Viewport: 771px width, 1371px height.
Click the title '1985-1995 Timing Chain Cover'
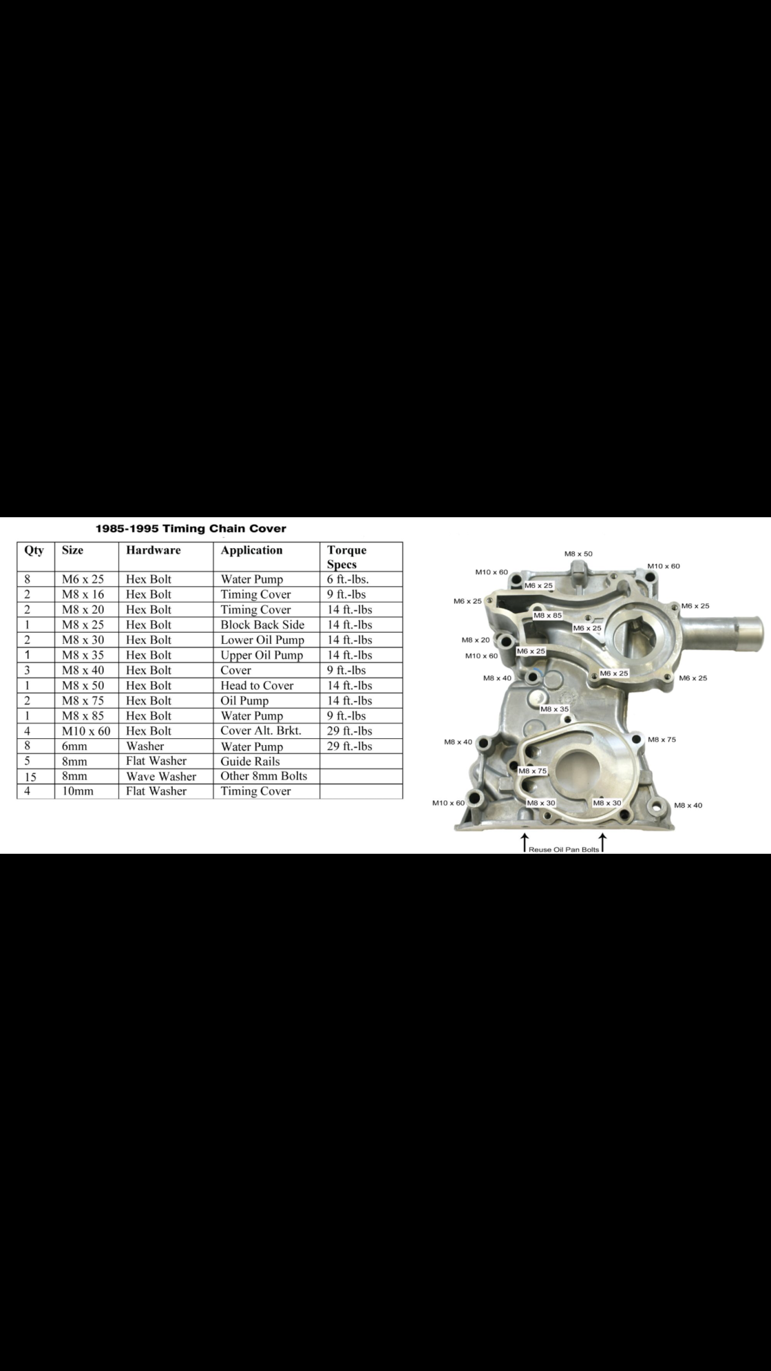point(191,529)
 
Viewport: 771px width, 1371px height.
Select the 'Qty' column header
point(34,550)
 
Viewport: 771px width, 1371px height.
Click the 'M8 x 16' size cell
point(83,594)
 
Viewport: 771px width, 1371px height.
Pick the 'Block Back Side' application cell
point(262,625)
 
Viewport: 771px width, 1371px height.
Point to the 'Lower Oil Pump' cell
point(262,640)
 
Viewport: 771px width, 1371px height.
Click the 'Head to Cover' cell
point(257,685)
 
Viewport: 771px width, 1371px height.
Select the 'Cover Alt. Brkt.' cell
point(261,731)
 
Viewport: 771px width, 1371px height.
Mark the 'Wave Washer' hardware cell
point(161,776)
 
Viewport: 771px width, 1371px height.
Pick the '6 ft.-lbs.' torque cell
point(348,579)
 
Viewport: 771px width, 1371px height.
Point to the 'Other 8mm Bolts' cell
point(264,776)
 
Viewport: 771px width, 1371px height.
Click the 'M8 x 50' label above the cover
point(578,554)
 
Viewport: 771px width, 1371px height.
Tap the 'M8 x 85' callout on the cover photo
point(547,616)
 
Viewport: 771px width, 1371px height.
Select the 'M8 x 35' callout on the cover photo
point(555,709)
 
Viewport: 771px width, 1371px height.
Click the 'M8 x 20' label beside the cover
point(476,640)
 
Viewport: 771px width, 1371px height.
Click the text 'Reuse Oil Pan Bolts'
point(564,850)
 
